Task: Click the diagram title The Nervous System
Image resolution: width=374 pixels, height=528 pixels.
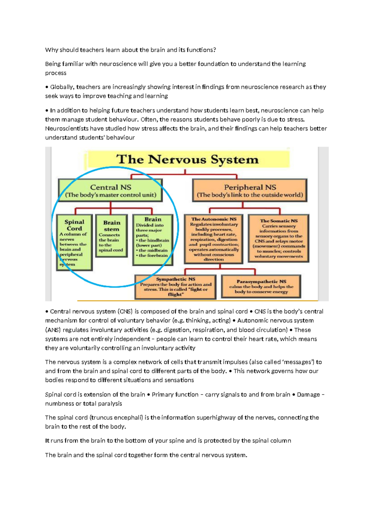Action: click(x=188, y=160)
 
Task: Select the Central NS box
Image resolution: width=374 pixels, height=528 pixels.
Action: click(x=110, y=191)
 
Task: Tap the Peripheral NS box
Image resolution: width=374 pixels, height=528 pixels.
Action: click(x=250, y=191)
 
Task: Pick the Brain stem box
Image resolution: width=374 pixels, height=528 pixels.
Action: click(x=111, y=235)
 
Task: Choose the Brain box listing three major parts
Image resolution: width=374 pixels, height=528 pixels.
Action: click(x=152, y=239)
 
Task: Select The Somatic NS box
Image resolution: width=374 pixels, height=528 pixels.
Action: click(x=278, y=238)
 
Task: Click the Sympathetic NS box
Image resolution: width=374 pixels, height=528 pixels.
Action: click(x=175, y=286)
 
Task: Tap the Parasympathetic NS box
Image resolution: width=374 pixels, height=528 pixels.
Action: click(x=261, y=286)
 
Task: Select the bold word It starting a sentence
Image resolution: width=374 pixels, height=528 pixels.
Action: click(x=47, y=441)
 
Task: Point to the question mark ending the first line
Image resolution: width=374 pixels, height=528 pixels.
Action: click(x=214, y=50)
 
